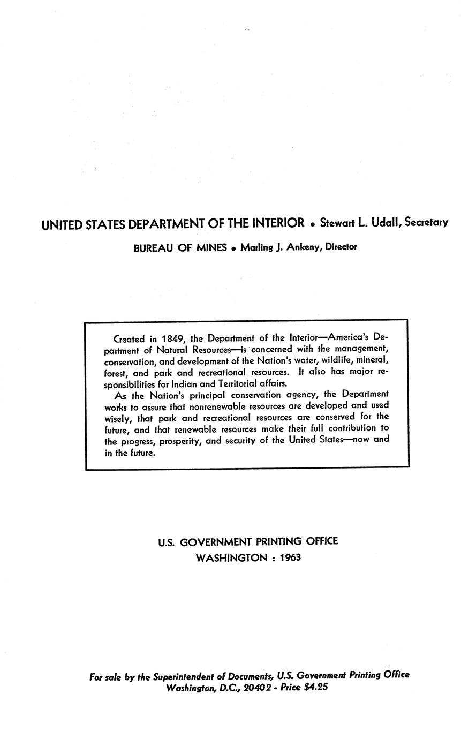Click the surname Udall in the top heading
[383, 222]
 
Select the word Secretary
[426, 222]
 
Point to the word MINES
[211, 248]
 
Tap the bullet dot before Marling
[233, 249]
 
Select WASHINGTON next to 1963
[231, 557]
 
